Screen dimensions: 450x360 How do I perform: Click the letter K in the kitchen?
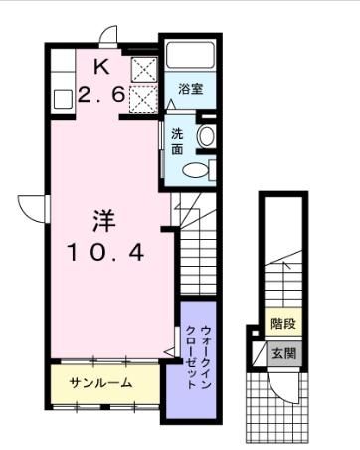(x=102, y=68)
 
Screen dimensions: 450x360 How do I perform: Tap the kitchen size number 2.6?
(x=102, y=96)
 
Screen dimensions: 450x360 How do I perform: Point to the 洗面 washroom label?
(x=177, y=142)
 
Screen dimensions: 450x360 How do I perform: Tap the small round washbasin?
(x=206, y=135)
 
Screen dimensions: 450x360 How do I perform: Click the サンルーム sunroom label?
(x=101, y=383)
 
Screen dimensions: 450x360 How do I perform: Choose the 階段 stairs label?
(x=284, y=325)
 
